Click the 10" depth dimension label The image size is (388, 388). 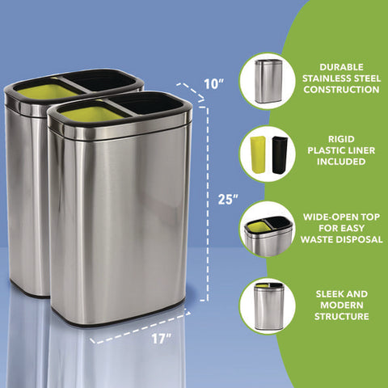coord(214,84)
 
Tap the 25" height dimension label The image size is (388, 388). coord(228,200)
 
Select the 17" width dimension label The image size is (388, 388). coord(161,339)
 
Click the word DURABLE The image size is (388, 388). coord(341,67)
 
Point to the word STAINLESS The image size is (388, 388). coord(325,78)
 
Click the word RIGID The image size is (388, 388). coord(341,139)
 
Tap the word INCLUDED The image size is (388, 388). coord(341,162)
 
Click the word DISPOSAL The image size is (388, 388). coord(361,239)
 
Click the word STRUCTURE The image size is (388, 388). coord(342,316)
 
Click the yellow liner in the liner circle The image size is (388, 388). coord(258,155)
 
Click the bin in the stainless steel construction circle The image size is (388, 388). coord(268,82)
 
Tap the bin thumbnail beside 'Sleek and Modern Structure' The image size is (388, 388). coord(268,306)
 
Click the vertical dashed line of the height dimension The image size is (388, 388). coord(207,204)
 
